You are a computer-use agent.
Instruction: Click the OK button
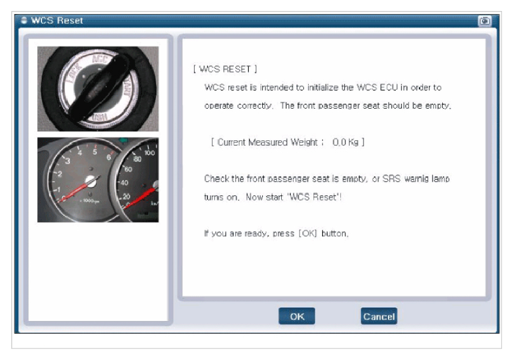click(296, 316)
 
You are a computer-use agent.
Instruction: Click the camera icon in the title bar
click(484, 21)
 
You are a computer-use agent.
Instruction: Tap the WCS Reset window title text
click(57, 20)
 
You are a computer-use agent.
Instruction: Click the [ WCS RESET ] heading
click(225, 69)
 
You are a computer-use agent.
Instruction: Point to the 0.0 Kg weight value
click(345, 142)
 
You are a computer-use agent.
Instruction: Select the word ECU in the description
click(389, 87)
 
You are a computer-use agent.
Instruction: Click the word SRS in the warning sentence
click(391, 179)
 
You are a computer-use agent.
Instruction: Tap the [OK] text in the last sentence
click(307, 233)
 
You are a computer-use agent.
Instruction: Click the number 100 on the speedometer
click(149, 153)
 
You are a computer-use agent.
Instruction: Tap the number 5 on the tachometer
click(95, 152)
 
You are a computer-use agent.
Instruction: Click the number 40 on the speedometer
click(124, 182)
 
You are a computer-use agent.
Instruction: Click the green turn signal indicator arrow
click(124, 141)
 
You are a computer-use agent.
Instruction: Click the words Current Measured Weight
click(267, 142)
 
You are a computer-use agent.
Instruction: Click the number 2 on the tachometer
click(59, 174)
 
